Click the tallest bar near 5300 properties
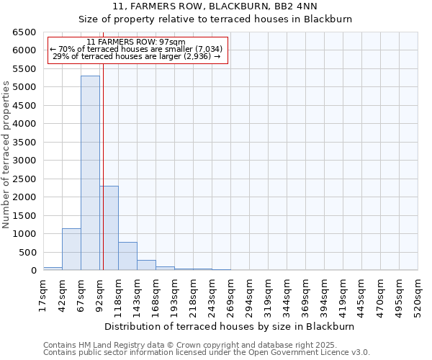coord(90,173)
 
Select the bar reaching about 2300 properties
coord(109,228)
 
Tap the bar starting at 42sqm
coord(71,249)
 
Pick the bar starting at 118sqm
coord(127,256)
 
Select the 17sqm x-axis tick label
coord(43,294)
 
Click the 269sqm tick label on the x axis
coord(230,294)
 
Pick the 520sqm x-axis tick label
coord(418,294)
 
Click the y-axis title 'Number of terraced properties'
coord(7,155)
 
